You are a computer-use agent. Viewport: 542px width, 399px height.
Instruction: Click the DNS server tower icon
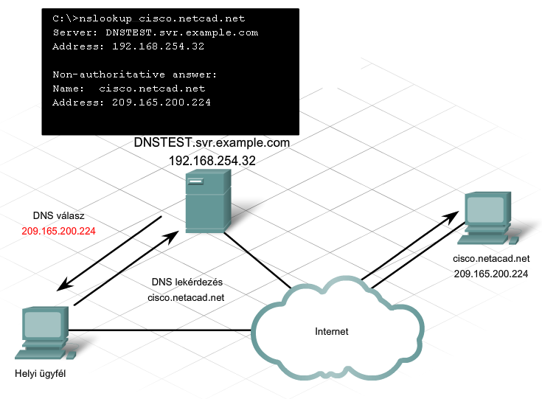[x=208, y=201]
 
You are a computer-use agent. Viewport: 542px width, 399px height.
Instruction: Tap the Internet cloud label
[x=332, y=332]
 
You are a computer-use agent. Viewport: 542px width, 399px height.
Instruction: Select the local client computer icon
[x=45, y=333]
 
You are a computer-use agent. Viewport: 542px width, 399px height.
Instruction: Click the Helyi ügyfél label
[x=40, y=373]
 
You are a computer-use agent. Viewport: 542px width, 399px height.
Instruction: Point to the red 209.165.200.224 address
[x=58, y=231]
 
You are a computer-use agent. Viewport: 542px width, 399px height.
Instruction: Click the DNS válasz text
[x=58, y=216]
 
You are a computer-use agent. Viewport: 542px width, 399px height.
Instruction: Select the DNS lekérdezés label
[x=187, y=282]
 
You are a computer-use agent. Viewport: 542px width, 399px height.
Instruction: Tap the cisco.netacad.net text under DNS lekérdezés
[x=186, y=297]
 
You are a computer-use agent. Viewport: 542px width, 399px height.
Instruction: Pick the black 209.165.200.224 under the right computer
[x=491, y=274]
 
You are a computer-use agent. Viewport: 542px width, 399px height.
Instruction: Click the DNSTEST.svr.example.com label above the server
[x=212, y=142]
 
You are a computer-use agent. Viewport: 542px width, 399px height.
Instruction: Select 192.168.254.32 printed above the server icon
[x=212, y=161]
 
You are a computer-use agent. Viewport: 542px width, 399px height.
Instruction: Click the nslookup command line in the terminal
[x=149, y=18]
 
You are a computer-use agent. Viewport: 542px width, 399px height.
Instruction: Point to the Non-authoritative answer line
[x=134, y=74]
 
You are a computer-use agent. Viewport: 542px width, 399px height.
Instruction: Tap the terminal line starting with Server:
[x=155, y=32]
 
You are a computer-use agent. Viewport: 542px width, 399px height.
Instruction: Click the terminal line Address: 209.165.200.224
[x=131, y=103]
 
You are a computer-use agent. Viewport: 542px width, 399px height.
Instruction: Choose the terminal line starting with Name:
[x=129, y=89]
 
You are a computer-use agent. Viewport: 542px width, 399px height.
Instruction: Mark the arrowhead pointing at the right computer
[x=451, y=217]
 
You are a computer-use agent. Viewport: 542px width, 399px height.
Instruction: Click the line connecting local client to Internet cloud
[x=159, y=330]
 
